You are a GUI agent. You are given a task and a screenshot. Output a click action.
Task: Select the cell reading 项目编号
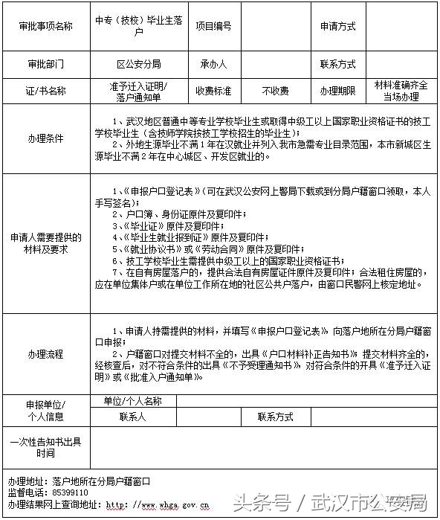coord(213,26)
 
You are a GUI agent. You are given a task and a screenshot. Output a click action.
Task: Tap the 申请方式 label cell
coord(338,26)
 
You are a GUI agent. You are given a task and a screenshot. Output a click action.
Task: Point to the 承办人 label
coord(213,63)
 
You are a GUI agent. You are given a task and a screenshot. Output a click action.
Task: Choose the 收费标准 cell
coord(213,91)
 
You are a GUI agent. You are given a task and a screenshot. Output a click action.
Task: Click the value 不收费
coord(276,91)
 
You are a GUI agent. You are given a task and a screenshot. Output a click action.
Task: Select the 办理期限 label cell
coord(338,91)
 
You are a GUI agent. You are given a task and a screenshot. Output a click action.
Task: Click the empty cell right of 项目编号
coord(276,26)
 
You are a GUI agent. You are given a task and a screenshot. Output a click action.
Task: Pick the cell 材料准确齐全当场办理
coord(401,91)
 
